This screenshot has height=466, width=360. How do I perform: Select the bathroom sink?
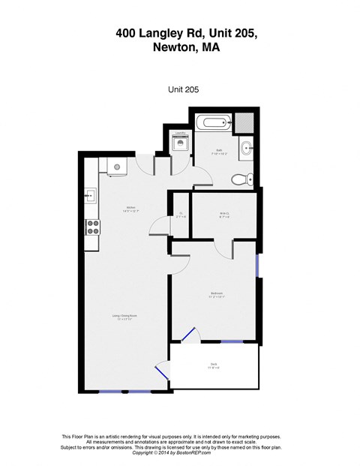[x=248, y=148]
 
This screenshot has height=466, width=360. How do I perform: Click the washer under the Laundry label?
[x=180, y=146]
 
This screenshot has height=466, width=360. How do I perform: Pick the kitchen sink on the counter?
[x=91, y=197]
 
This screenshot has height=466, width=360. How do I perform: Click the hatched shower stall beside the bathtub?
[x=247, y=122]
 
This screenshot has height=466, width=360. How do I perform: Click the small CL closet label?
[x=180, y=215]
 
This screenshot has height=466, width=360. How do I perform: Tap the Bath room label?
[x=220, y=151]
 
